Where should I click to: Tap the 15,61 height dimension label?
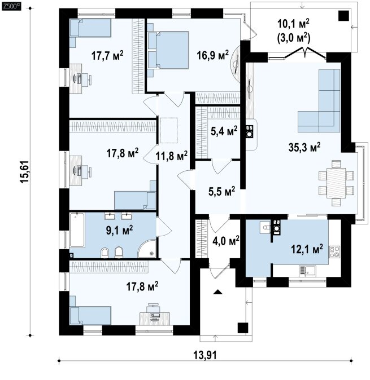(x=25, y=172)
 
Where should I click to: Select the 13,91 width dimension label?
(x=205, y=355)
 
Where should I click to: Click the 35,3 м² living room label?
(x=304, y=147)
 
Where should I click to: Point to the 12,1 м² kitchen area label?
(x=307, y=249)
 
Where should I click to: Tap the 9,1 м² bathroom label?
(x=119, y=230)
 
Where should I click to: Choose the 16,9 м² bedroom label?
(x=212, y=55)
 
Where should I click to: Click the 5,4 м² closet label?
(x=224, y=131)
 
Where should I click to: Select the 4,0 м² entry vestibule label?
(x=226, y=241)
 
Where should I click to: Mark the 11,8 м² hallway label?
(x=171, y=156)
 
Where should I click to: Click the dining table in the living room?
(x=336, y=183)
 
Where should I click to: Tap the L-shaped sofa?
(x=319, y=101)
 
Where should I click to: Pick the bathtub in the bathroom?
(x=77, y=230)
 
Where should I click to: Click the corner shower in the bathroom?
(x=147, y=249)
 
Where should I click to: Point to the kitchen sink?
(x=307, y=271)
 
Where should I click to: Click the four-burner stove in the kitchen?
(x=334, y=252)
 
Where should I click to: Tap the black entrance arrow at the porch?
(x=218, y=292)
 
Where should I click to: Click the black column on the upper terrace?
(x=344, y=16)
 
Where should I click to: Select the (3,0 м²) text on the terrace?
(x=293, y=38)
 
